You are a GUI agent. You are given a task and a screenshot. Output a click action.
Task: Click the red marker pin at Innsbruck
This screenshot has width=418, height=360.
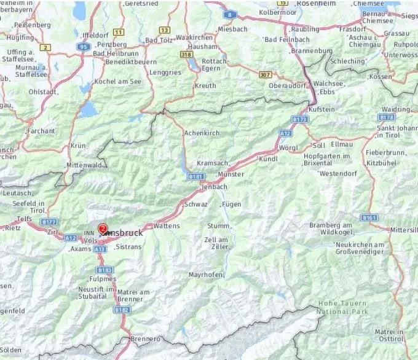103,228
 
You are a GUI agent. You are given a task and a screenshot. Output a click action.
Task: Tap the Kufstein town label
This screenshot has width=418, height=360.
321,109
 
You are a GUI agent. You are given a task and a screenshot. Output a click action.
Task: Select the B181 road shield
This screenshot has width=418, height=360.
196,176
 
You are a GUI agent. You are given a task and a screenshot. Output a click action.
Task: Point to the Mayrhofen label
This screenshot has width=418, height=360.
206,275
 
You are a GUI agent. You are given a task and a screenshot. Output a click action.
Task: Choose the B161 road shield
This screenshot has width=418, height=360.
369,217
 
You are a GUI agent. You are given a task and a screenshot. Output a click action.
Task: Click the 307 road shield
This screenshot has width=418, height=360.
265,74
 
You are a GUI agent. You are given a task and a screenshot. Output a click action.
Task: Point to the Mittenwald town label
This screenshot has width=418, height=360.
85,165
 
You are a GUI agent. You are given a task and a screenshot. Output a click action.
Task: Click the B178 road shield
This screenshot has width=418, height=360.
387,117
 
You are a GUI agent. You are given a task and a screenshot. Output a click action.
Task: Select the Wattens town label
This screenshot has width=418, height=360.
167,226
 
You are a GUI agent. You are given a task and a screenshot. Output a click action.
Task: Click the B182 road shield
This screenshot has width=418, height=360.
122,310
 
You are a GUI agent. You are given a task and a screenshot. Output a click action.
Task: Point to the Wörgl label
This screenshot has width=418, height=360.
288,147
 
